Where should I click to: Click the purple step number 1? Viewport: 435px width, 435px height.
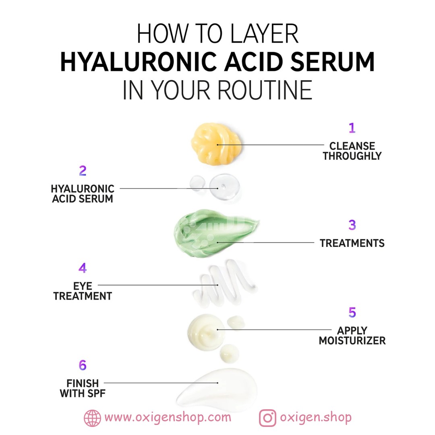[352, 128]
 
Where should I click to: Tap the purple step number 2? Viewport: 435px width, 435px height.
[83, 171]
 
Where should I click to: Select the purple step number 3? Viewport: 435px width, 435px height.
[352, 225]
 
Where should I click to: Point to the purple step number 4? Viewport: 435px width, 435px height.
[83, 268]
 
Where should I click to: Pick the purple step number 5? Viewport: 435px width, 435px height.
[352, 313]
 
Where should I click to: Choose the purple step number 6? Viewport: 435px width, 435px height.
[83, 365]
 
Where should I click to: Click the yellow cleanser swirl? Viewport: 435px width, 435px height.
[216, 144]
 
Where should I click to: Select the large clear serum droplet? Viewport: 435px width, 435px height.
[224, 187]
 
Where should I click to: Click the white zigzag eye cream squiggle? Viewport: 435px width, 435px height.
[224, 283]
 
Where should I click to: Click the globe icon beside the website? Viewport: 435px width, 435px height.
[92, 418]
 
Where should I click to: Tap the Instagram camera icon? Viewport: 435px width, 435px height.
[267, 418]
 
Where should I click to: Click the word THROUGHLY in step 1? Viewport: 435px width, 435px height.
[352, 156]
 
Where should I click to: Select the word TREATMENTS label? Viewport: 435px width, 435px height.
[352, 243]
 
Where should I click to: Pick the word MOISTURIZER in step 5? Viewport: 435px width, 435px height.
[352, 340]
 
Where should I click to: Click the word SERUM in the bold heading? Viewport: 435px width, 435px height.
[332, 62]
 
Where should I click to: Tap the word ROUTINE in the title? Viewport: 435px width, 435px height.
[265, 90]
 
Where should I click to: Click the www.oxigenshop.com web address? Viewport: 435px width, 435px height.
[168, 418]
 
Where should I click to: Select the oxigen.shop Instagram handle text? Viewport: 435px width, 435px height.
[316, 418]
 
